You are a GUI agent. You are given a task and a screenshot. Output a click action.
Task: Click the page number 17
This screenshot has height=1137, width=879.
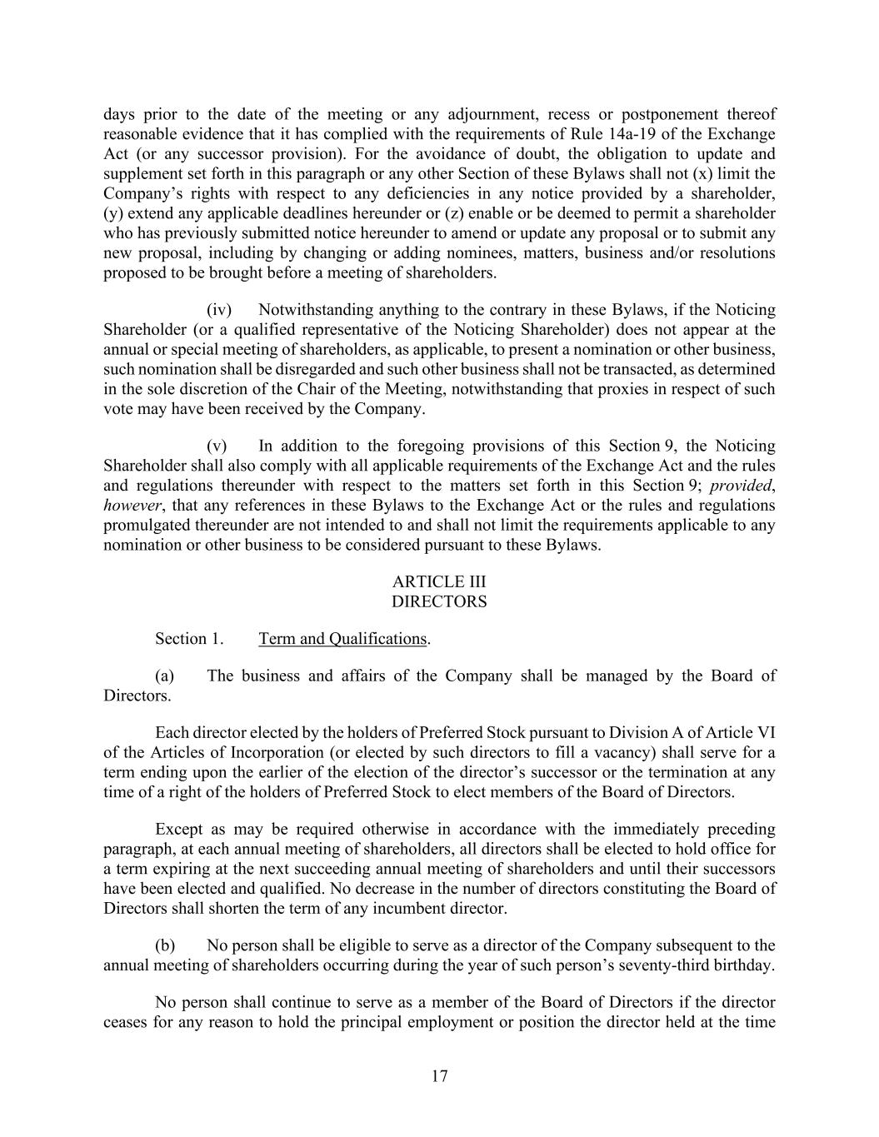pyautogui.click(x=439, y=1076)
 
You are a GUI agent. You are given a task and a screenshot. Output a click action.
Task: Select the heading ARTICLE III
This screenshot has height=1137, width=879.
pyautogui.click(x=439, y=581)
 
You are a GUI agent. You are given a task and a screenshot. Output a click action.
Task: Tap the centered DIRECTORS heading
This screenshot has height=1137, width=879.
pyautogui.click(x=439, y=601)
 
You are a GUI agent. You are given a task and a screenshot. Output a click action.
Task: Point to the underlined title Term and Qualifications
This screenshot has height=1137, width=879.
pyautogui.click(x=342, y=639)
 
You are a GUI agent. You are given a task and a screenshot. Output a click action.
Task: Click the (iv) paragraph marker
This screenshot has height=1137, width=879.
pyautogui.click(x=218, y=310)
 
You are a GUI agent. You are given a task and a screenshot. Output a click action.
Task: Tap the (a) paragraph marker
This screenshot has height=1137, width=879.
pyautogui.click(x=165, y=676)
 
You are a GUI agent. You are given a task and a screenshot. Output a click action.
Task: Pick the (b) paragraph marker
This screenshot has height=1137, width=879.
pyautogui.click(x=165, y=945)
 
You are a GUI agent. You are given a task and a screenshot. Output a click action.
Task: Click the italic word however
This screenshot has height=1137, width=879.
pyautogui.click(x=132, y=506)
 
